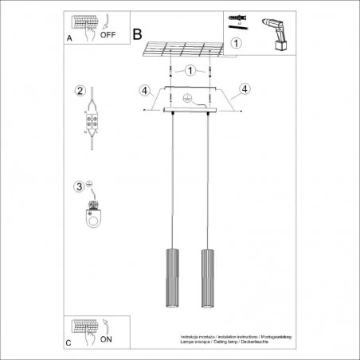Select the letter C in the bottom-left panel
pos(69,343)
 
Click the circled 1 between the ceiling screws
pos(190,72)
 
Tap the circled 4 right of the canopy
pos(245,88)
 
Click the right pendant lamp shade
pos(209,272)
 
